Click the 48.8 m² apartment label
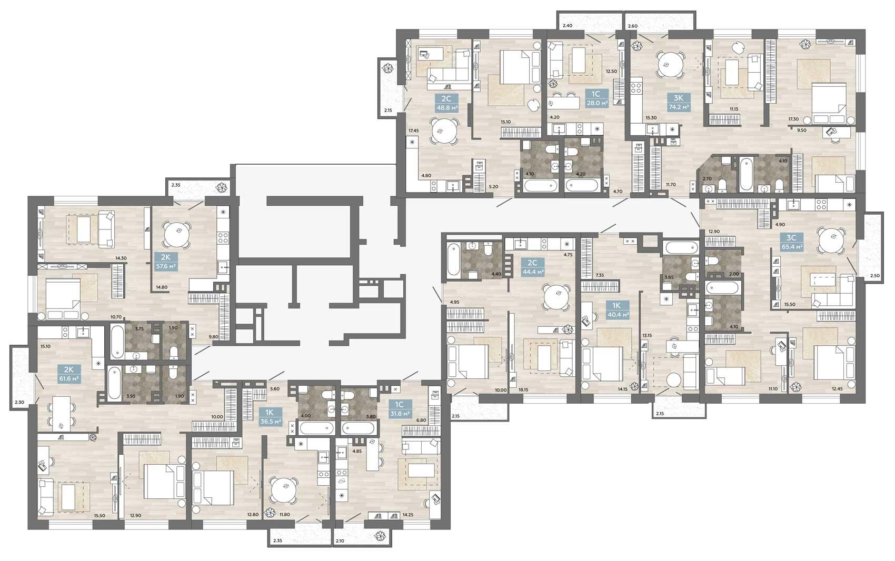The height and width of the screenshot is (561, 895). pyautogui.click(x=446, y=104)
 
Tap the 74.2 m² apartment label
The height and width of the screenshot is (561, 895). pyautogui.click(x=679, y=103)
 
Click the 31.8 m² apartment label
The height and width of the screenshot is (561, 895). pyautogui.click(x=400, y=409)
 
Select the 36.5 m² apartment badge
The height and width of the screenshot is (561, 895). pyautogui.click(x=271, y=416)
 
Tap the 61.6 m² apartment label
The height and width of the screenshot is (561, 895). pyautogui.click(x=69, y=373)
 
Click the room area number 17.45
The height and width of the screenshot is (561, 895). pyautogui.click(x=413, y=131)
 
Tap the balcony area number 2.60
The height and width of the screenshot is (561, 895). pyautogui.click(x=632, y=26)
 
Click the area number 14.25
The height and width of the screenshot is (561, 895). pyautogui.click(x=408, y=515)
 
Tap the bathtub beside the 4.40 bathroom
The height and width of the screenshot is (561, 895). pyautogui.click(x=453, y=259)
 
